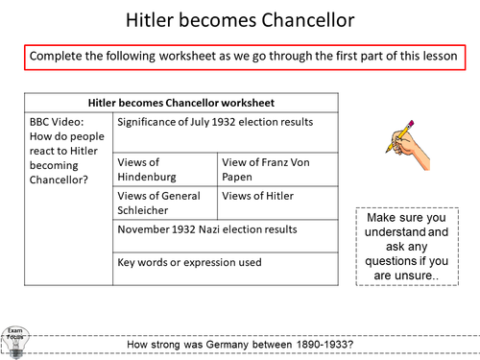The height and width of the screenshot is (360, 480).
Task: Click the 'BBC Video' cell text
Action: [x=65, y=154]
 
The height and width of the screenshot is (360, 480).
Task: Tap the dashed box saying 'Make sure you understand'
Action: [x=409, y=245]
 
